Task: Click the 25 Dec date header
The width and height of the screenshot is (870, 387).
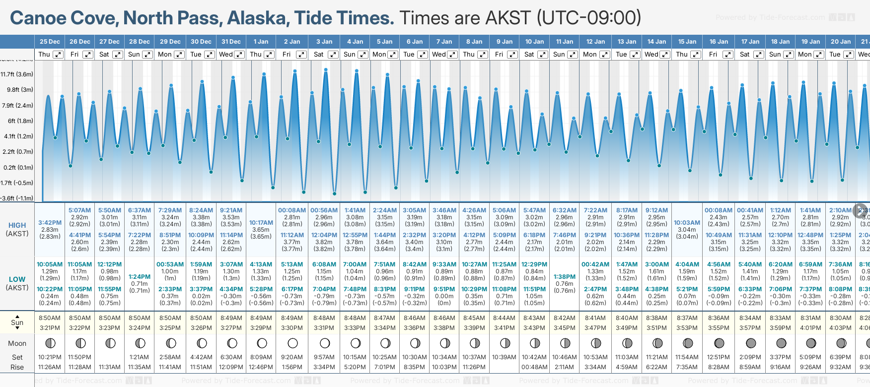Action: click(50, 42)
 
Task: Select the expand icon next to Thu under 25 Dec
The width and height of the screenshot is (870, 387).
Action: click(58, 55)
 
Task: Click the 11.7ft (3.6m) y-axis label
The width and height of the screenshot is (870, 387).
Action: click(17, 74)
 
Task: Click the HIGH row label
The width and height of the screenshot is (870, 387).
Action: click(17, 225)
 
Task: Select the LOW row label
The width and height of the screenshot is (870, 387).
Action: click(17, 279)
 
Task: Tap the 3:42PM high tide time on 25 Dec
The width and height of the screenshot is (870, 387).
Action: click(50, 223)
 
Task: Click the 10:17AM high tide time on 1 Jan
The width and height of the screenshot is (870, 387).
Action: click(261, 223)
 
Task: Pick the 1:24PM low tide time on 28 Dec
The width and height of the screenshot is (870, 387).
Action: click(140, 277)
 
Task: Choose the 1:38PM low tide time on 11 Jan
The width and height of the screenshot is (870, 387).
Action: click(565, 277)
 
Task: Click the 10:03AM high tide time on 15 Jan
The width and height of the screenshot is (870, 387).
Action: click(687, 223)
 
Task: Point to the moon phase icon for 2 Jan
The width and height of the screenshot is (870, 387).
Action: click(292, 343)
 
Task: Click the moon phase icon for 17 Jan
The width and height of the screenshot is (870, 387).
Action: click(751, 343)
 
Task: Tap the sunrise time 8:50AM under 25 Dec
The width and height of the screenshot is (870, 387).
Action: click(50, 318)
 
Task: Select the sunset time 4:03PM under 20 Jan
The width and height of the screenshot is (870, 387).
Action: click(840, 328)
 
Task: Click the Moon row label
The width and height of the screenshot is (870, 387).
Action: click(17, 343)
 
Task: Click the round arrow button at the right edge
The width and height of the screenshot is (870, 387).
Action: click(861, 210)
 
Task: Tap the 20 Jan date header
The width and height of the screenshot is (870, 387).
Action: click(841, 42)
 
